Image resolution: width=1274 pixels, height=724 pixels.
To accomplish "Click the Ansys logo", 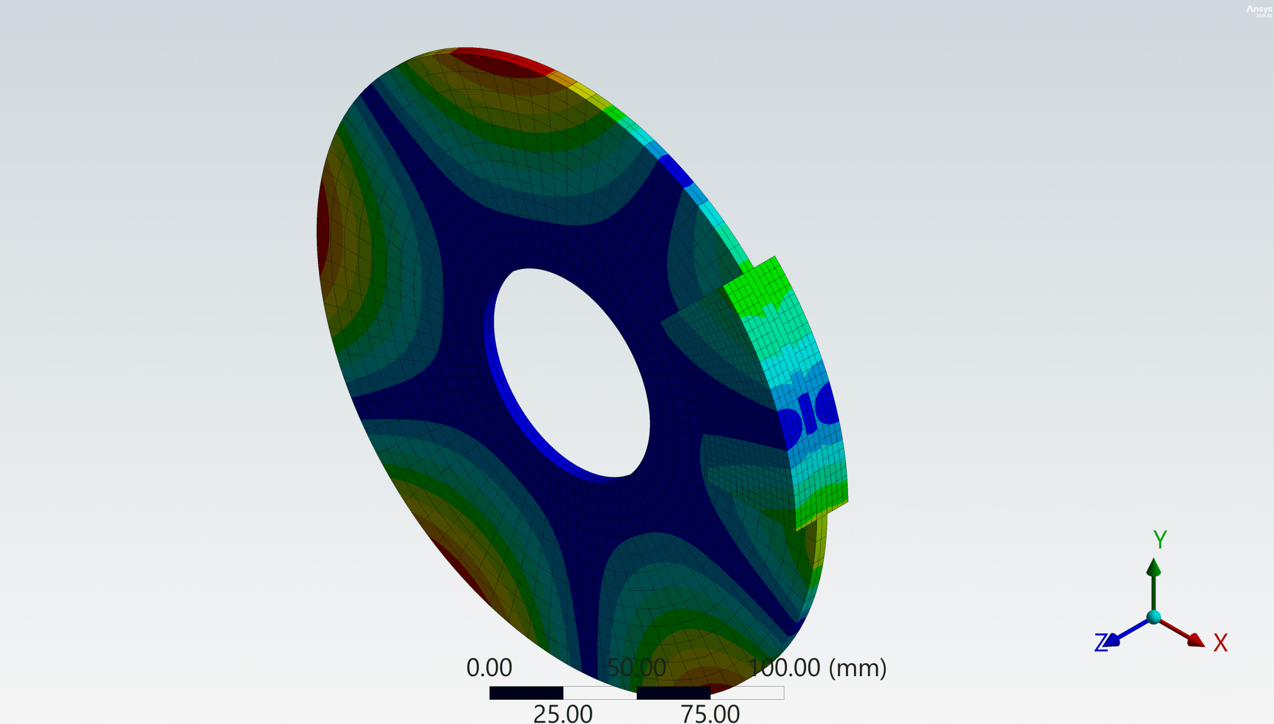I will coord(1258,10).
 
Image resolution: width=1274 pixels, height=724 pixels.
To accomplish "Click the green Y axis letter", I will coord(1160,539).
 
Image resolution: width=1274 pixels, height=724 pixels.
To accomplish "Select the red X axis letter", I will coord(1221,643).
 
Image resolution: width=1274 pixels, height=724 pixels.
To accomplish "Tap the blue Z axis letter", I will coord(1101,643).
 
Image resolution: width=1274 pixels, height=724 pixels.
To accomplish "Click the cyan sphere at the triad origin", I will coord(1154,617).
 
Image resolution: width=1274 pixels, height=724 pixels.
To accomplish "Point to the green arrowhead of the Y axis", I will coord(1154,567).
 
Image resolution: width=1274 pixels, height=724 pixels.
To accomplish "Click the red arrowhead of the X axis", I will coord(1195,639).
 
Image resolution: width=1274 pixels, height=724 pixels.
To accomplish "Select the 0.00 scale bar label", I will coord(489,668).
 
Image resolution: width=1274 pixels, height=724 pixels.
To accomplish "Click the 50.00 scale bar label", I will coord(636,668).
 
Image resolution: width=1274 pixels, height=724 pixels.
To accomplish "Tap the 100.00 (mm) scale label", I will coord(817,668).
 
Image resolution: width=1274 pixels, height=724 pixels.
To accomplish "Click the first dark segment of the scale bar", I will coord(526,693).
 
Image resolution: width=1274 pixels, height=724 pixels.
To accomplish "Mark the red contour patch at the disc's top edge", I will coord(498,62).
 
